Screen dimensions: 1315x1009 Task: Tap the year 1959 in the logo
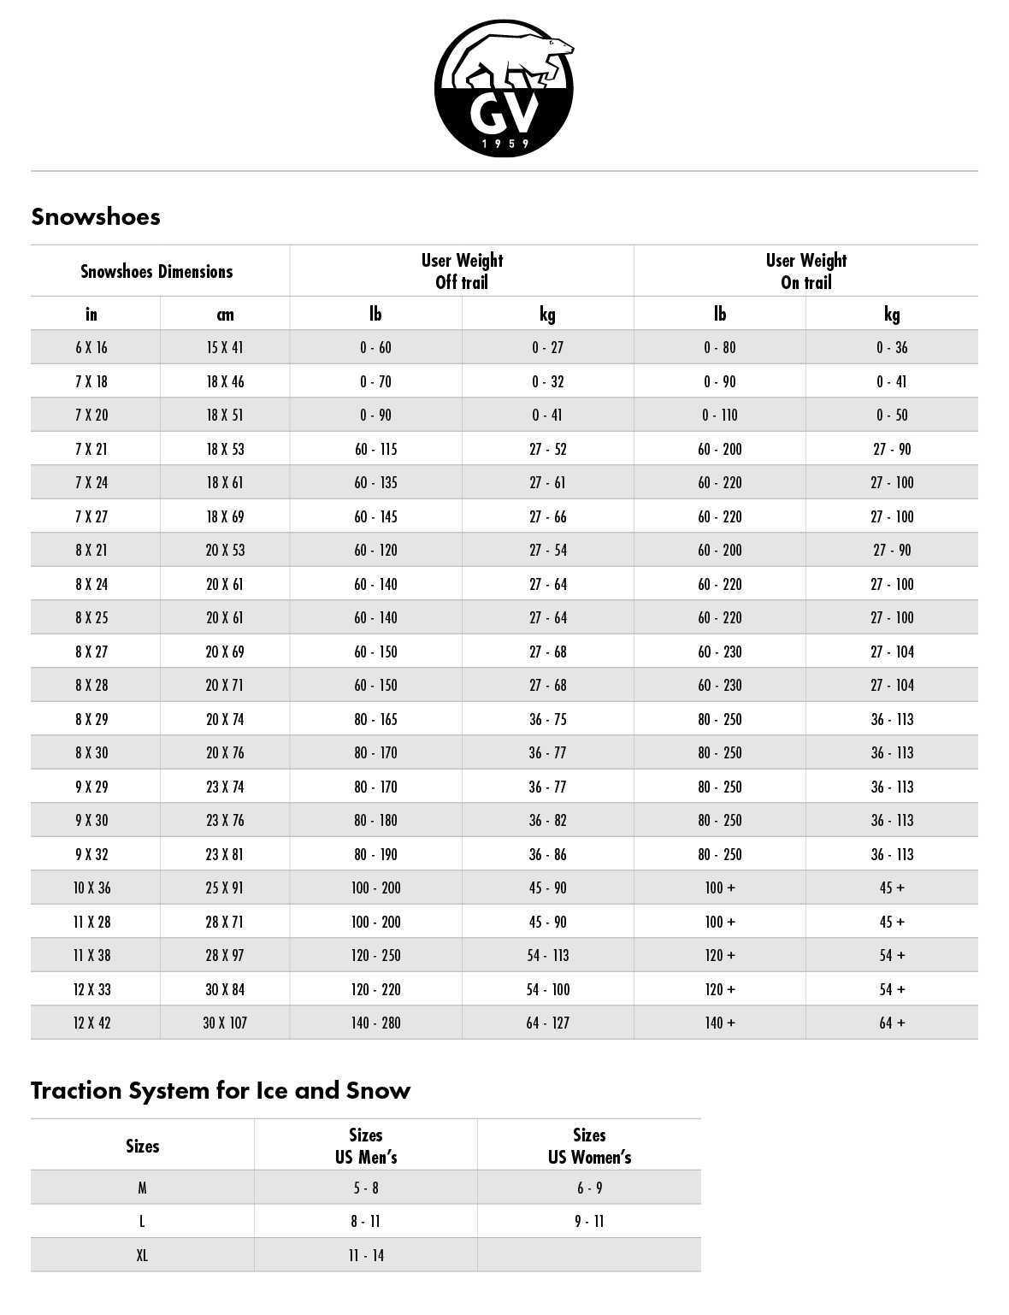pos(504,144)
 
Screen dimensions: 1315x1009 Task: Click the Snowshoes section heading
pos(96,216)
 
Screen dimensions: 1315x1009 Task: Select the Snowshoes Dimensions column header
pos(156,272)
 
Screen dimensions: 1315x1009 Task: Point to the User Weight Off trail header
pos(462,271)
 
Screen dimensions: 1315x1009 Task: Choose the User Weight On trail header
pos(805,271)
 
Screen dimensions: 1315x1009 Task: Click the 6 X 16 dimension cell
pos(91,348)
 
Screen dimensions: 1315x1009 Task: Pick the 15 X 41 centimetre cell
pos(225,348)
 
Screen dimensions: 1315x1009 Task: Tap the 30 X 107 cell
pos(225,1023)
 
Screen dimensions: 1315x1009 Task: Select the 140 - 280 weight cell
pos(375,1023)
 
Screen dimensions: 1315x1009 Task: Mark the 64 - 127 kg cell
pos(547,1023)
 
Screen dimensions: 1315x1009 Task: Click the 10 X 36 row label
pos(91,888)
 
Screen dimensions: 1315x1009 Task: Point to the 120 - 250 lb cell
pos(375,956)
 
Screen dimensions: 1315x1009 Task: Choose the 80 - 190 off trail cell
pos(375,855)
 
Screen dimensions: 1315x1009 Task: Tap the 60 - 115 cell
pos(375,450)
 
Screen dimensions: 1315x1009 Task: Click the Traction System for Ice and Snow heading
pos(221,1091)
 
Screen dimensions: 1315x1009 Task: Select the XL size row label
pos(142,1256)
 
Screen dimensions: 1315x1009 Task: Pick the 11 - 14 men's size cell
pos(365,1256)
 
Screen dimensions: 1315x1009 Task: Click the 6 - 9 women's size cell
pos(589,1188)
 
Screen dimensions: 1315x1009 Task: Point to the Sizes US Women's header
pos(589,1147)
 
